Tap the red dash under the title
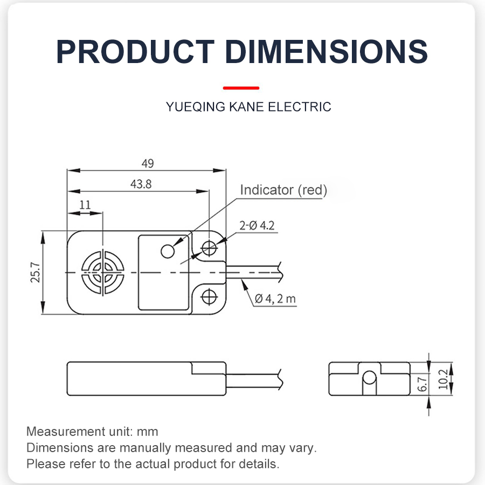pos(241,87)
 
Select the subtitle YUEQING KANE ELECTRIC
pos(248,107)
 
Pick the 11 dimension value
pos(85,205)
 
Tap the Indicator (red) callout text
pos(283,190)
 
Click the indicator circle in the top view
pos(168,251)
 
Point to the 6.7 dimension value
pos(422,385)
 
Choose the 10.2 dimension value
pos(442,379)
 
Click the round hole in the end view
pos(369,378)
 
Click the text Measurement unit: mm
pos(92,432)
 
